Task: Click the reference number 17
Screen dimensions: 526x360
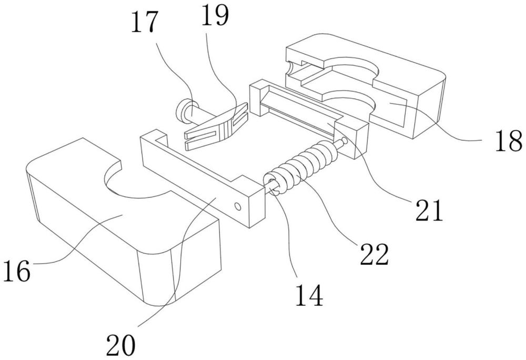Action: (x=144, y=22)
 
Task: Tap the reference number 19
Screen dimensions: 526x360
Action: (x=215, y=15)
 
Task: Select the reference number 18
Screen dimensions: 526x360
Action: (x=509, y=141)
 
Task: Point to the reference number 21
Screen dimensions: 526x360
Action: (x=429, y=210)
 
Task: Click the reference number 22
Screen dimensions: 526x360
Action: (x=374, y=254)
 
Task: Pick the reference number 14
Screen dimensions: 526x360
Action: (x=309, y=295)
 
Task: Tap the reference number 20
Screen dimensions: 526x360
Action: (x=121, y=345)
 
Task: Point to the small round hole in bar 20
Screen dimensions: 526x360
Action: (x=238, y=206)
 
